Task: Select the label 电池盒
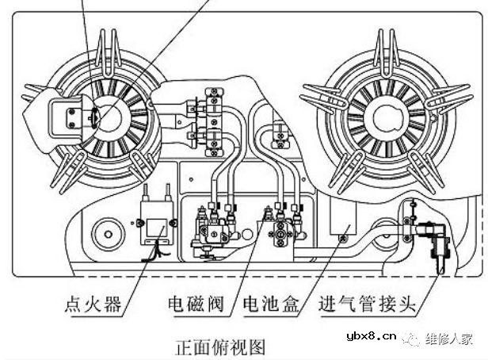click(x=271, y=304)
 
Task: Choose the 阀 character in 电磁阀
click(x=219, y=304)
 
